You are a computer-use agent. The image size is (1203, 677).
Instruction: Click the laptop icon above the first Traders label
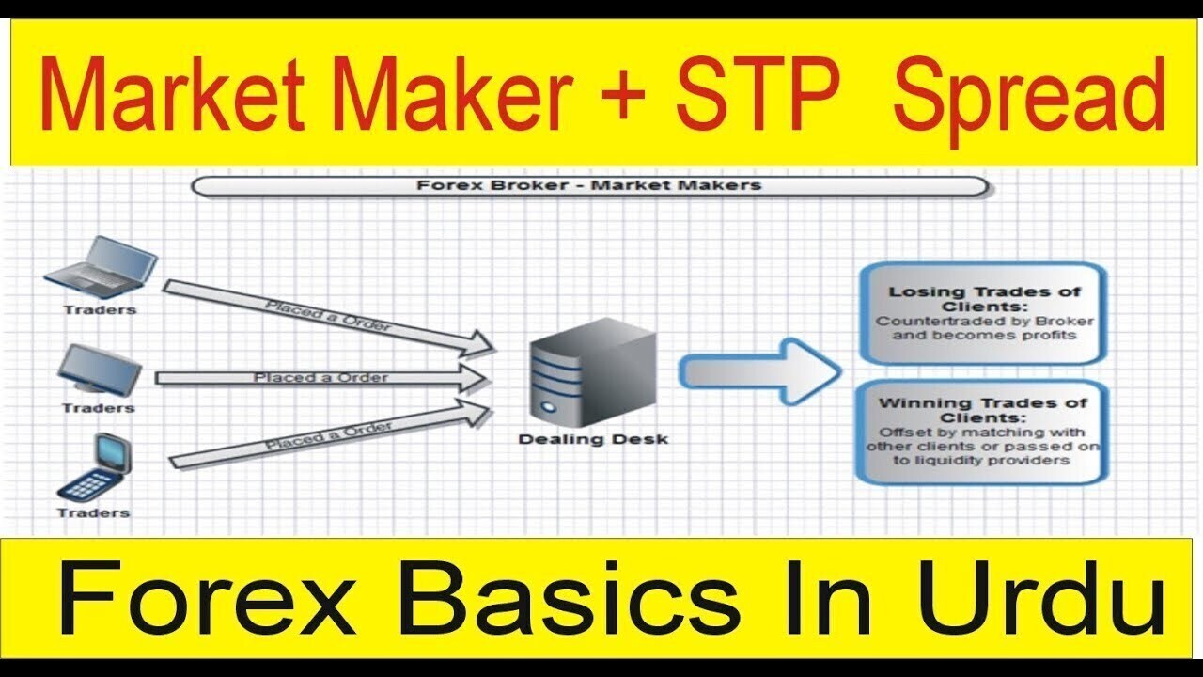point(101,267)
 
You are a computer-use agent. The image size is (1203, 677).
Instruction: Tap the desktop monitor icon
point(100,369)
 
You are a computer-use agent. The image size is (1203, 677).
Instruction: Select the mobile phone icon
point(95,466)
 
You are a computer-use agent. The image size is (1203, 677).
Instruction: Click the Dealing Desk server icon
point(593,373)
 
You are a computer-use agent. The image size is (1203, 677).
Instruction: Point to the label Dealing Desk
point(593,439)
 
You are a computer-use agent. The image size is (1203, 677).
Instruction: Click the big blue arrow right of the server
point(760,371)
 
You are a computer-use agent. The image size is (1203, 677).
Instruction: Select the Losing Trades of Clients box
point(984,314)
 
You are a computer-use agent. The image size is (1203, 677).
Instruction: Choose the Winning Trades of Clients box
point(983,432)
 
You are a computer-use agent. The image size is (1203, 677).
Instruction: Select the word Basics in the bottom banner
point(570,597)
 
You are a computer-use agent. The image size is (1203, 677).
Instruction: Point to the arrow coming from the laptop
point(329,318)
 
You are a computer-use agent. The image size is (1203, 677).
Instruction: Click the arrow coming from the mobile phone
point(330,435)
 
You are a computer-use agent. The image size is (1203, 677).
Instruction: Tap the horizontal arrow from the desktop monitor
point(322,378)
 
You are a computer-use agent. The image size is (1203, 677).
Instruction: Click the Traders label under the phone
point(94,512)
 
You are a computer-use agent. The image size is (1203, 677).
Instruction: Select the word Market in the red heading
point(172,92)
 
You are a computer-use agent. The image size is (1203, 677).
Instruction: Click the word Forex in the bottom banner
point(208,597)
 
